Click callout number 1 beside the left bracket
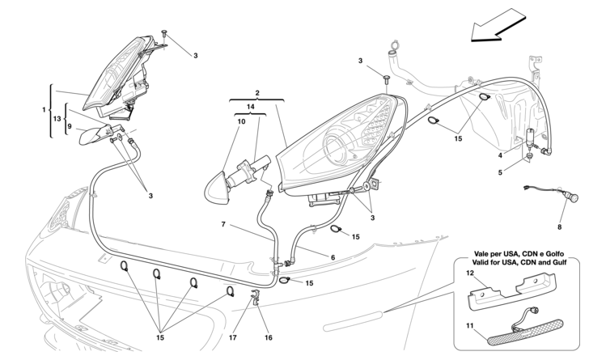coord(45,109)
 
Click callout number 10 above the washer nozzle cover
coord(242,121)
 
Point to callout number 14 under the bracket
coord(250,107)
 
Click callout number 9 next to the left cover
coord(70,125)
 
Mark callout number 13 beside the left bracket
coord(57,120)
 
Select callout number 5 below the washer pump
coord(501,173)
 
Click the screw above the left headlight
coord(164,32)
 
